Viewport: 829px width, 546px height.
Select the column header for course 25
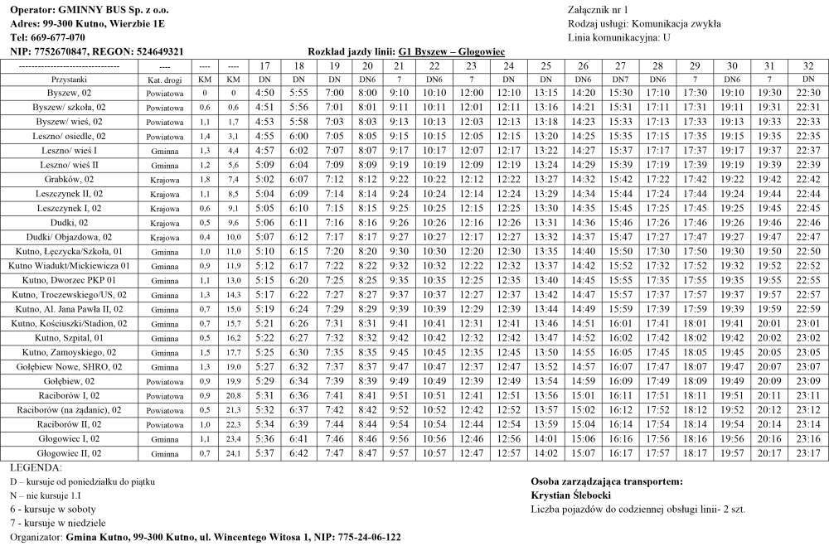[545, 65]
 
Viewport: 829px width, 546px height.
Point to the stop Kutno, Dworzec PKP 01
[69, 280]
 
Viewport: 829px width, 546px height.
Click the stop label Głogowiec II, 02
[69, 453]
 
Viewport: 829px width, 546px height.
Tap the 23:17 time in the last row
[808, 453]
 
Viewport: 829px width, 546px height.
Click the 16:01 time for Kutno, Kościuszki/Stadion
[620, 323]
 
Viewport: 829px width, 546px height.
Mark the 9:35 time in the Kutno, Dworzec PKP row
[399, 280]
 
